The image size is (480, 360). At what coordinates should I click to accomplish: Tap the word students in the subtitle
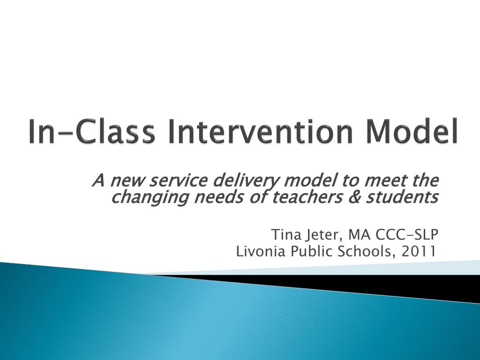(402, 197)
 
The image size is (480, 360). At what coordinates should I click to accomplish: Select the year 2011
(418, 251)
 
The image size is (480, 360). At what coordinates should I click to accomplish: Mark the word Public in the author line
(310, 251)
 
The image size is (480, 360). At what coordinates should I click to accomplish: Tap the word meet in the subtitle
(382, 180)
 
